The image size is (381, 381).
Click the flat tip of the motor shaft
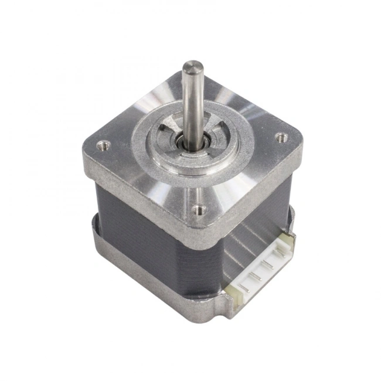pos(190,65)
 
